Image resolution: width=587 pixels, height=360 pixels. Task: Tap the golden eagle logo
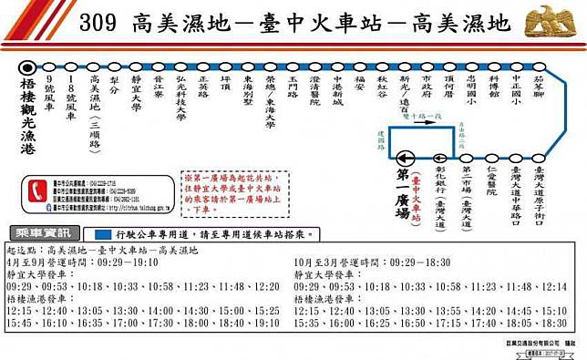tap(552, 21)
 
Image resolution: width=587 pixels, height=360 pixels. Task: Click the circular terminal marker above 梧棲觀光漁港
tap(28, 67)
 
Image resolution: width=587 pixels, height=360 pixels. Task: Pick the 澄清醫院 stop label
tap(315, 90)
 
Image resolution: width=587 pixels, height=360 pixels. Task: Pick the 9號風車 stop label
tap(50, 92)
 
